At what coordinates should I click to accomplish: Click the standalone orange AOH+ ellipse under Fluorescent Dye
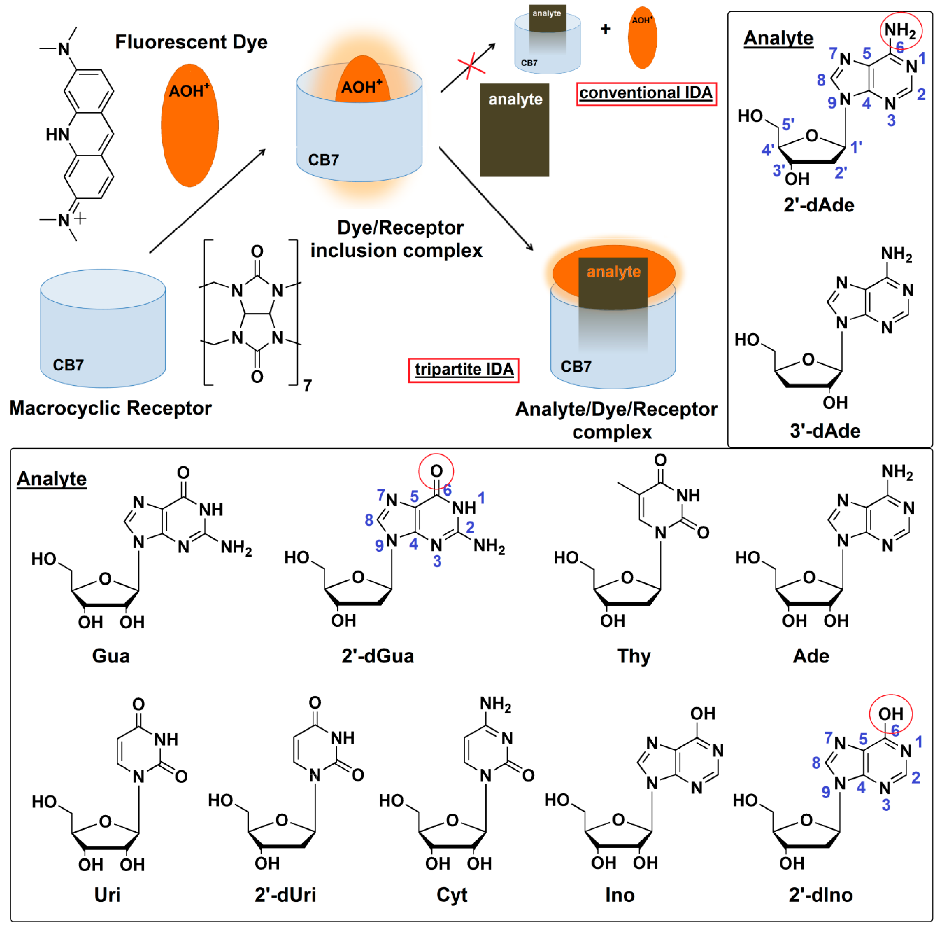coord(189,126)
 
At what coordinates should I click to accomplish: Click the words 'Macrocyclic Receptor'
coord(111,408)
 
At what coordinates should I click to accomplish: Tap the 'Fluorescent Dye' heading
coord(191,42)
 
